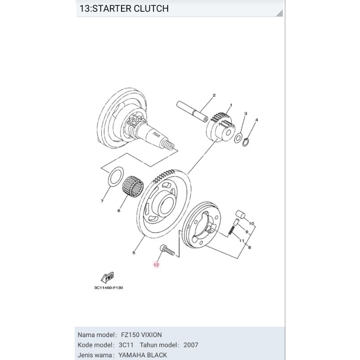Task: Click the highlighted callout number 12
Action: (156, 265)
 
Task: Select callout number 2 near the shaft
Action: (214, 95)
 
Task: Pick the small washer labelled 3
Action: (238, 136)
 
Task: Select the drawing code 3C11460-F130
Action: (108, 288)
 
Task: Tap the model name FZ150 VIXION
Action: (141, 335)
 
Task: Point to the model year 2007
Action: (191, 345)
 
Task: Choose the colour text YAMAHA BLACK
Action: (143, 355)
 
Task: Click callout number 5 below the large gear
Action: (134, 253)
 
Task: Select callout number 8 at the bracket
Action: (249, 247)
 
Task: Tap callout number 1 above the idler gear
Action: (231, 105)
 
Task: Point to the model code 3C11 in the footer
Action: (126, 345)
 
